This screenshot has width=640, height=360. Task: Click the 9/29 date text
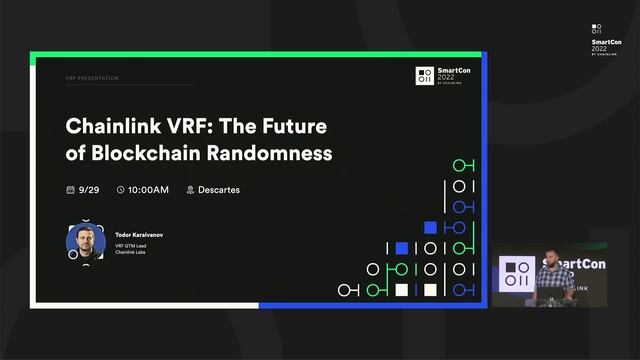click(90, 190)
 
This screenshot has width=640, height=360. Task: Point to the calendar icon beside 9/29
click(70, 190)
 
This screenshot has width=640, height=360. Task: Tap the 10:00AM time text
click(149, 190)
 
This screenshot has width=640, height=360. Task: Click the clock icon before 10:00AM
click(121, 190)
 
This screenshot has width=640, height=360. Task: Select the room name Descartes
click(220, 190)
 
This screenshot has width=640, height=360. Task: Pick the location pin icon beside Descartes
click(190, 190)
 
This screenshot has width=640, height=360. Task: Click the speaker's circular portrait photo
click(85, 242)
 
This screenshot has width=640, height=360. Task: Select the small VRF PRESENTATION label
click(92, 77)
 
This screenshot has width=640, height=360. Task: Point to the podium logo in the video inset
click(517, 274)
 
